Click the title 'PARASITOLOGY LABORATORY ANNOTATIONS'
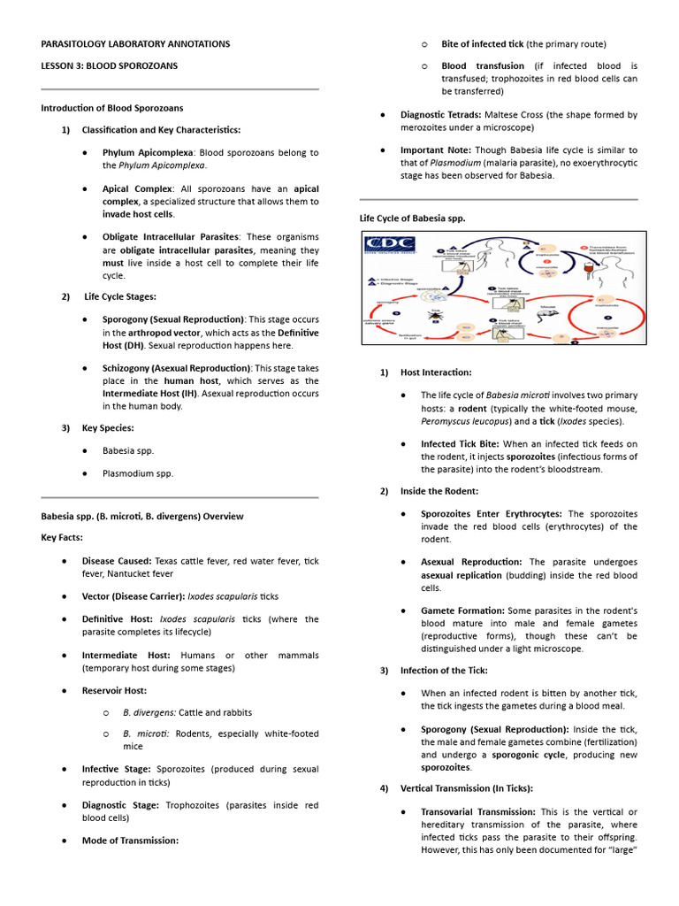point(135,43)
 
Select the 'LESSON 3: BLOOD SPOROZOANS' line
point(110,66)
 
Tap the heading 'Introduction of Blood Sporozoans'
point(112,108)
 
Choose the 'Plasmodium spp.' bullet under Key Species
point(137,473)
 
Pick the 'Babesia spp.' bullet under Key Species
point(128,450)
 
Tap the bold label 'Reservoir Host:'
point(114,690)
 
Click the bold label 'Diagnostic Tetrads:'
point(441,115)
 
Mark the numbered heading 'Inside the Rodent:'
point(439,491)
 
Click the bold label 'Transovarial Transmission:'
point(477,811)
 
